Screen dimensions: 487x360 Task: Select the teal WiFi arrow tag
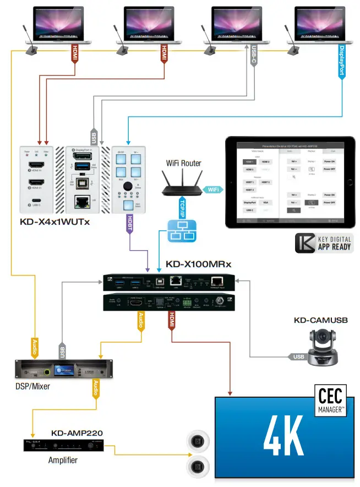tap(212, 190)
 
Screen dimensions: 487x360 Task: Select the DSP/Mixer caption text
tap(33, 386)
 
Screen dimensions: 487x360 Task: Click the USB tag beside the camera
tap(298, 357)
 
